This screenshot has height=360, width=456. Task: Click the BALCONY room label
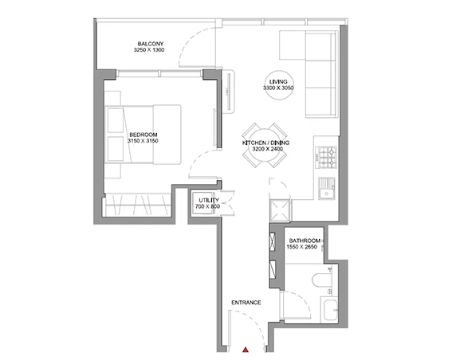pyautogui.click(x=151, y=44)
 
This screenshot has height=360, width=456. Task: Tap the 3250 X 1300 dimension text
pyautogui.click(x=149, y=50)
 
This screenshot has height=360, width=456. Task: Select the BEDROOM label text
pyautogui.click(x=143, y=135)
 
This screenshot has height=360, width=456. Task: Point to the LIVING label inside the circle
pyautogui.click(x=278, y=82)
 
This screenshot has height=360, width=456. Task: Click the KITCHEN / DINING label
pyautogui.click(x=265, y=143)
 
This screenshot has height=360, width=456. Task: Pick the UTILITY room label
pyautogui.click(x=209, y=201)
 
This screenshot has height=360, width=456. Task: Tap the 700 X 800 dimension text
pyautogui.click(x=207, y=206)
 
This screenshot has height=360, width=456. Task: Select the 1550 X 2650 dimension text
pyautogui.click(x=302, y=247)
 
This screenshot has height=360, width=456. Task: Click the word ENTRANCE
pyautogui.click(x=246, y=303)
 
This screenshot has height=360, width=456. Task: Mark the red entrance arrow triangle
pyautogui.click(x=246, y=350)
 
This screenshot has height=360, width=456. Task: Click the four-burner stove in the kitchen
pyautogui.click(x=327, y=158)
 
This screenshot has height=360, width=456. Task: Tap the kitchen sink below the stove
pyautogui.click(x=327, y=189)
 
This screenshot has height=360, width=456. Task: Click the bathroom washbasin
pyautogui.click(x=330, y=310)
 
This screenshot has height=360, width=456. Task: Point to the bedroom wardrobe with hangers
pyautogui.click(x=138, y=205)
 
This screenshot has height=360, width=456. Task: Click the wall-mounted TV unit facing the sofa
pyautogui.click(x=228, y=92)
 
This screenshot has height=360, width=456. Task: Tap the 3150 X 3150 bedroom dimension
pyautogui.click(x=143, y=141)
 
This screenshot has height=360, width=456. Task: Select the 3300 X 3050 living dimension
pyautogui.click(x=278, y=88)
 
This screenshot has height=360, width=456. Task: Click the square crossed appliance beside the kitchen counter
pyautogui.click(x=280, y=209)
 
